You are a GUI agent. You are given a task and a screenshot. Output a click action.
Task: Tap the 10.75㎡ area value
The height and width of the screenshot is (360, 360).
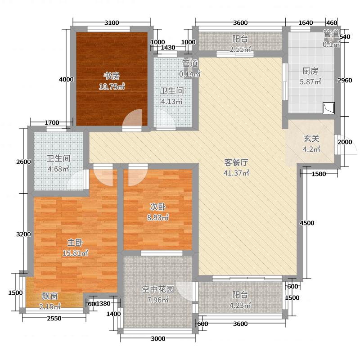click(x=112, y=87)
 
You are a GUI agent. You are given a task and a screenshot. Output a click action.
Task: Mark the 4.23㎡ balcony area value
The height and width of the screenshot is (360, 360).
click(x=240, y=306)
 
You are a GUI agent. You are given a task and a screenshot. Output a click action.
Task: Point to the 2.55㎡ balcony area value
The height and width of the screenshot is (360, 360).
click(x=240, y=49)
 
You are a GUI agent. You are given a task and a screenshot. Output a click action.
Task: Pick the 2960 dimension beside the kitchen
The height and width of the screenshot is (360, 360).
click(x=345, y=81)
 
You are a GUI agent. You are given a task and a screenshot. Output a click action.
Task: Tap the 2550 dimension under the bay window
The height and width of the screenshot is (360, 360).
click(x=54, y=319)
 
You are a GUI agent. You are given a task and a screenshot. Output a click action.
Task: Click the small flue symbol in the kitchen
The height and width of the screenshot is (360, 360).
click(x=328, y=108)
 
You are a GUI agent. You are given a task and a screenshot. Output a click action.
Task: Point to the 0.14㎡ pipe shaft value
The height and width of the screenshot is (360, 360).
click(x=190, y=73)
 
